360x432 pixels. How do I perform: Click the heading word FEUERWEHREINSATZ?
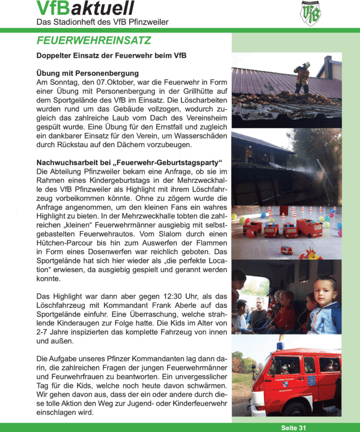(x=94, y=41)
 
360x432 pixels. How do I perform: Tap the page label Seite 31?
(x=293, y=427)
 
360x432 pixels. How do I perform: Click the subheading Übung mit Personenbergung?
(x=88, y=73)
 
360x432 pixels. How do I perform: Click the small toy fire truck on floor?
(x=287, y=250)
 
